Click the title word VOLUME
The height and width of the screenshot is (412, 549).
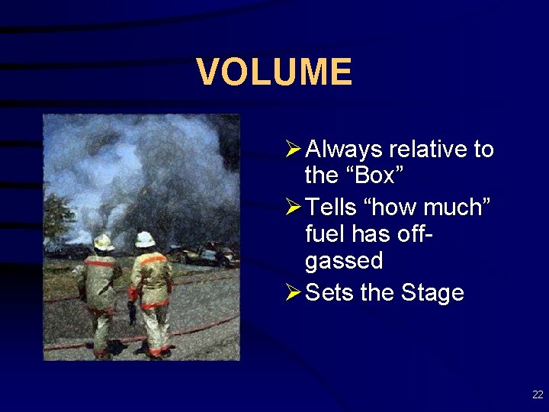pyautogui.click(x=274, y=72)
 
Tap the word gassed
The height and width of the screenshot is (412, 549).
pyautogui.click(x=343, y=261)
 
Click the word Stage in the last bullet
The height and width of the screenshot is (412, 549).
pyautogui.click(x=432, y=292)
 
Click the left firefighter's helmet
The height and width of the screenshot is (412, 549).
pyautogui.click(x=103, y=243)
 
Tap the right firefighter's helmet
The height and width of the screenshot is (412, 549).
pyautogui.click(x=145, y=239)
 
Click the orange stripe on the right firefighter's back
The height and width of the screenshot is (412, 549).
pyautogui.click(x=152, y=259)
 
